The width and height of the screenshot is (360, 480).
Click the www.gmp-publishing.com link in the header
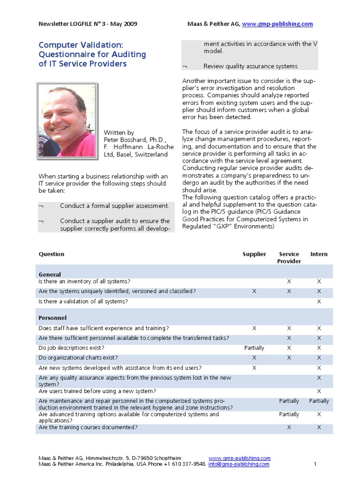(x=277, y=24)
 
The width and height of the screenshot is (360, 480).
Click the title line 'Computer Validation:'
(x=81, y=45)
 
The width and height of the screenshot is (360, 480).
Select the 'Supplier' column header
(x=254, y=254)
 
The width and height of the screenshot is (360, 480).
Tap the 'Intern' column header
(x=319, y=254)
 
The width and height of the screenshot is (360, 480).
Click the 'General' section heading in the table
(x=50, y=274)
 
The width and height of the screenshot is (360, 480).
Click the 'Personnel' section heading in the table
(x=52, y=318)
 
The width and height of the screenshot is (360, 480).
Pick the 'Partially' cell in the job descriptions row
(x=254, y=348)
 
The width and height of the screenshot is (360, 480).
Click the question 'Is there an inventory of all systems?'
(x=84, y=281)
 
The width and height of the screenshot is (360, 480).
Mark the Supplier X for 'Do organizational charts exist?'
(x=254, y=358)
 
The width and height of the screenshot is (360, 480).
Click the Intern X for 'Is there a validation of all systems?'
(x=319, y=301)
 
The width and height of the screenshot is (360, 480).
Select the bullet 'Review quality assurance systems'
(x=250, y=66)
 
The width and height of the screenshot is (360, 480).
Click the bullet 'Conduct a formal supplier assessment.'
(x=114, y=206)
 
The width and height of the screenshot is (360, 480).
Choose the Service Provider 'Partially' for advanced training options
(x=289, y=414)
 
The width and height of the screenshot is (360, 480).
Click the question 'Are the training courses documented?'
(x=88, y=427)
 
